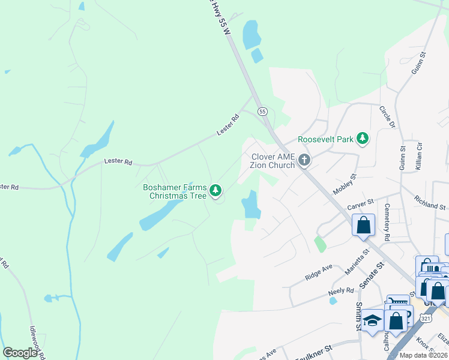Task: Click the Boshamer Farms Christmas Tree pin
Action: point(215,191)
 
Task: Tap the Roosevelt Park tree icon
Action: point(362,139)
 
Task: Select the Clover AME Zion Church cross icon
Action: point(304,160)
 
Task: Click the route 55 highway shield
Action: point(262,112)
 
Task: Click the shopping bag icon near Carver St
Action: point(363,226)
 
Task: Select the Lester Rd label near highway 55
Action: point(228,125)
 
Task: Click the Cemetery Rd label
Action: point(387,221)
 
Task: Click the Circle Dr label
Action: point(387,117)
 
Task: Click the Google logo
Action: point(20,353)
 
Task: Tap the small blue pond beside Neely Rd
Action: point(333,301)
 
